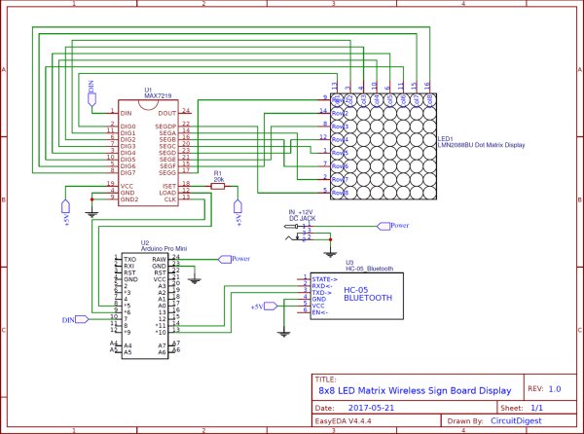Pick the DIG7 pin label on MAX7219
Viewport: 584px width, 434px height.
128,172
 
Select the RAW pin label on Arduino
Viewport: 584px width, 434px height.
162,259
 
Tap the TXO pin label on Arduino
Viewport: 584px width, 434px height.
129,259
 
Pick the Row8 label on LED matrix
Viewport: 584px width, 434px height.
340,193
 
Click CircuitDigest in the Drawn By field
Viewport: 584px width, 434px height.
518,423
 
